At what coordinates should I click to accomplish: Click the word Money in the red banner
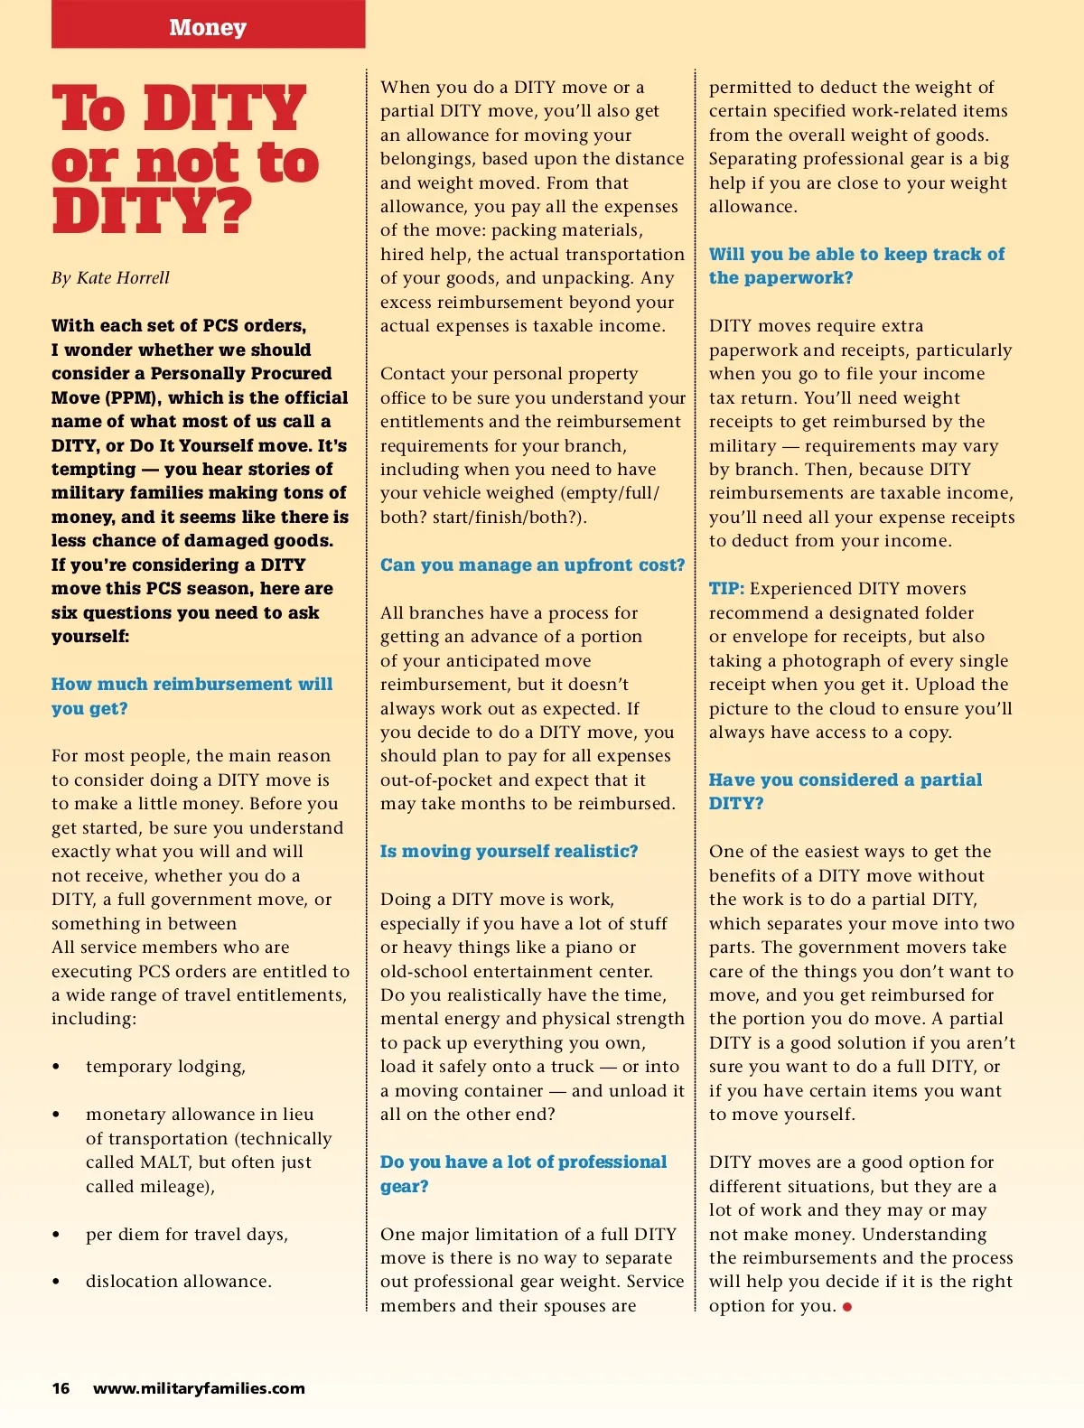(208, 27)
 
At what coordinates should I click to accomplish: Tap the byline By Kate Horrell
(110, 278)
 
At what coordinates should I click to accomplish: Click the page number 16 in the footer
(61, 1388)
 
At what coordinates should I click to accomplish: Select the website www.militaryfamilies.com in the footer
(199, 1388)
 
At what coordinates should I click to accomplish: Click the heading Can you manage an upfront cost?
(532, 565)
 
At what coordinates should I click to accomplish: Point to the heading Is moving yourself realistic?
(509, 852)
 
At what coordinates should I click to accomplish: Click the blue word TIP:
(726, 589)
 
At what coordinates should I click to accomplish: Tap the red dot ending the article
(847, 1307)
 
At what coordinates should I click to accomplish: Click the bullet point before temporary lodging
(56, 1068)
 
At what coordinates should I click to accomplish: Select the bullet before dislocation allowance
(56, 1282)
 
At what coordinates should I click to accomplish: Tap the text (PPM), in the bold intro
(132, 398)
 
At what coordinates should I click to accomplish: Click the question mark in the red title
(233, 211)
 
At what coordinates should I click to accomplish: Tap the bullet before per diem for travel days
(56, 1235)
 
